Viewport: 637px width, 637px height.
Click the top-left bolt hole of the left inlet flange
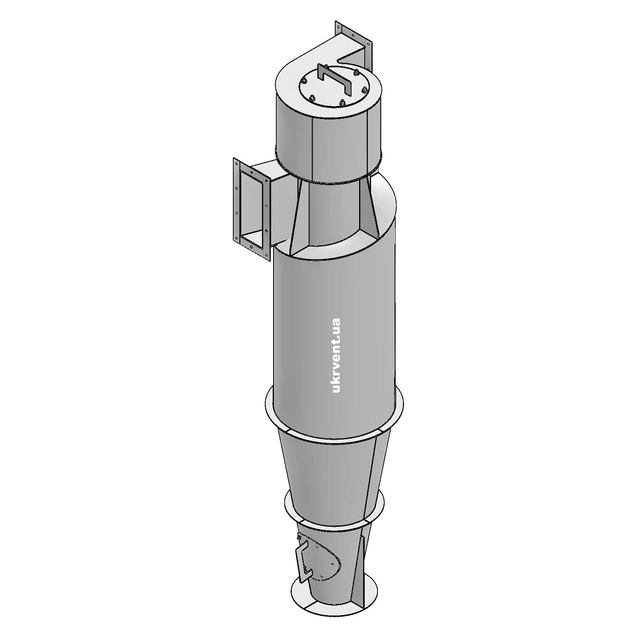click(236, 163)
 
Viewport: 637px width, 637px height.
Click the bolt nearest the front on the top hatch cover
click(341, 103)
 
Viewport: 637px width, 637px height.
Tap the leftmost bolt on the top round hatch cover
click(305, 81)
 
